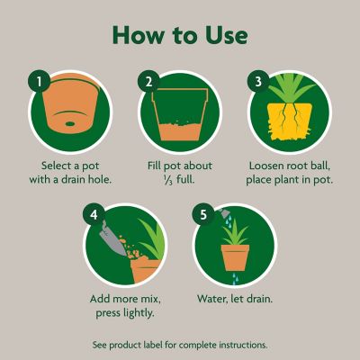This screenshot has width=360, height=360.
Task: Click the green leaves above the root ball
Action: pyautogui.click(x=290, y=90)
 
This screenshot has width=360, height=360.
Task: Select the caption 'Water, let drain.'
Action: pyautogui.click(x=236, y=299)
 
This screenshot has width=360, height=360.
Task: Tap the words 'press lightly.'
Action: pyautogui.click(x=122, y=313)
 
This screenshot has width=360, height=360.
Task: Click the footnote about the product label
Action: pyautogui.click(x=180, y=345)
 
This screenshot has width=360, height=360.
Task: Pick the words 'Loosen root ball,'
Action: pyautogui.click(x=291, y=166)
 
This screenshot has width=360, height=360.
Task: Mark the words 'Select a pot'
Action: pyautogui.click(x=67, y=166)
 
